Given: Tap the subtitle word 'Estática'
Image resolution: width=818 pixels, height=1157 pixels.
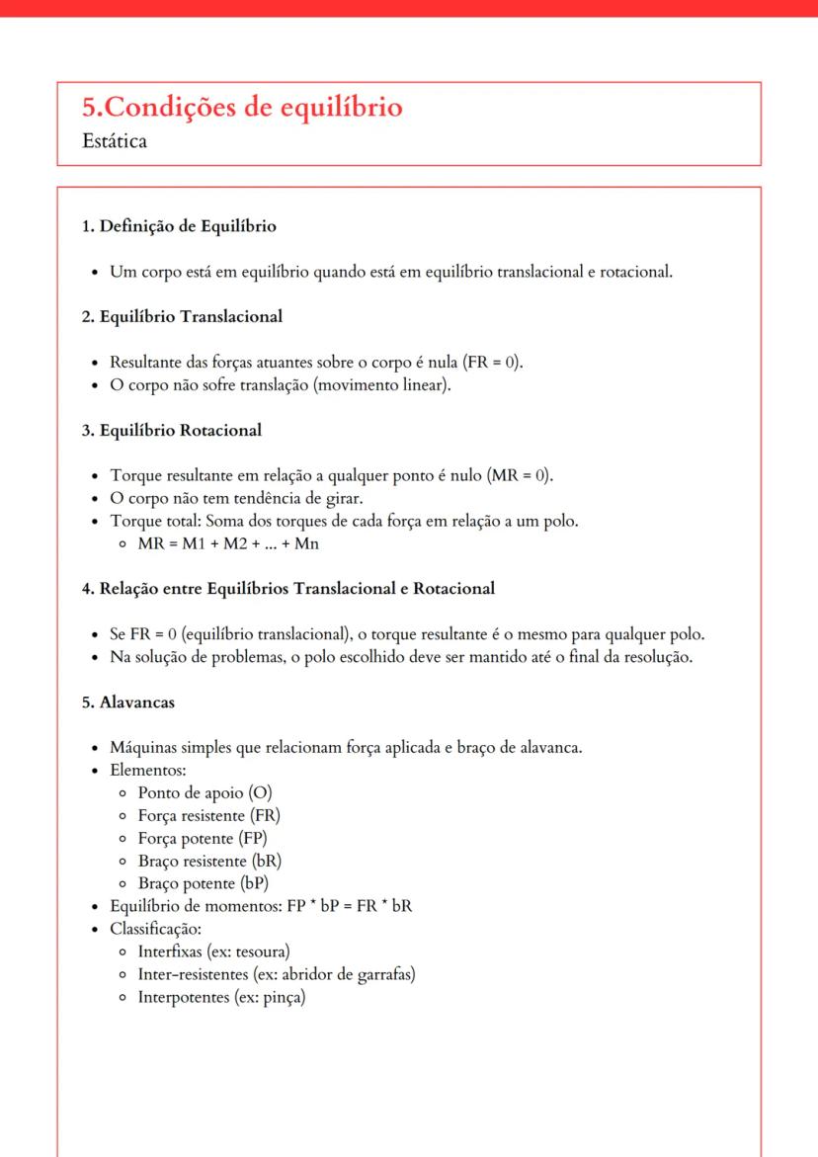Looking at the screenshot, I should [115, 142].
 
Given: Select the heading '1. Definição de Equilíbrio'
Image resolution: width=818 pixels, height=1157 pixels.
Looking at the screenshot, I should [178, 226].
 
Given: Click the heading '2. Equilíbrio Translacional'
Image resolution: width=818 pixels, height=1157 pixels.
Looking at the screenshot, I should [182, 317].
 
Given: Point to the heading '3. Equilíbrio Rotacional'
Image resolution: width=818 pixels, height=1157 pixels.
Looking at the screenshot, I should [171, 431].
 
